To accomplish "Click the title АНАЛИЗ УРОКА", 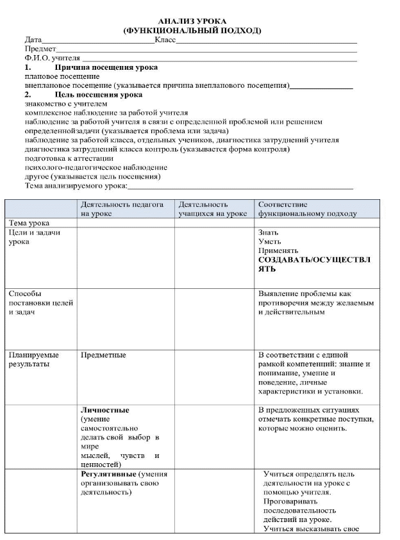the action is pos(192,22).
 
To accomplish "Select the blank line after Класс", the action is pos(266,44).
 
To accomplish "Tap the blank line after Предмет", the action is pos(206,53).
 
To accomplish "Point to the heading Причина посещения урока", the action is pos(106,67).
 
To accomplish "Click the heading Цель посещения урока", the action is pos(99,95).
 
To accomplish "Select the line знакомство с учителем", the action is pos(66,104).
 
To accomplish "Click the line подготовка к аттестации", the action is pos(69,159).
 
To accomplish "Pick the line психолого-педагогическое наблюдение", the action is pos(96,168).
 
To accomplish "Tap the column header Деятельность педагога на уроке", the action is pos(122,209).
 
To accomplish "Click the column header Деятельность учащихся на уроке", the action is pos(213,209).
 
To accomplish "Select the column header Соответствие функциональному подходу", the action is pos(308,209).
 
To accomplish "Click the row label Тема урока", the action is pos(29,223).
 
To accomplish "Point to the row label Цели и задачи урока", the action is pos(35,237).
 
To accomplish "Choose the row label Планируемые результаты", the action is pos(34,359).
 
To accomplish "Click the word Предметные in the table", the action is pos(103,355).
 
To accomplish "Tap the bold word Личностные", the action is pos(104,410).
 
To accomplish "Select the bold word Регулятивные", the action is pos(108,474).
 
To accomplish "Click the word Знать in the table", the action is pos(268,233).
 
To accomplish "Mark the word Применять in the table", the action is pos(278,250).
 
